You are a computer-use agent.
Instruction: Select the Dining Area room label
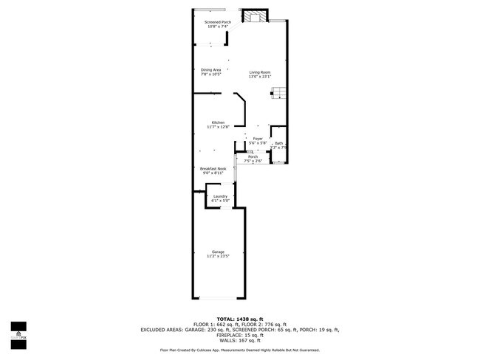pyautogui.click(x=211, y=70)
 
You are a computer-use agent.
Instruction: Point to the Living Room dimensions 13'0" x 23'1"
pyautogui.click(x=259, y=76)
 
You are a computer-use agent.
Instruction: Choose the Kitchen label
pyautogui.click(x=218, y=122)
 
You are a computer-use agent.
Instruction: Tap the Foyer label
pyautogui.click(x=258, y=139)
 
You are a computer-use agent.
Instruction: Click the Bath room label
pyautogui.click(x=278, y=143)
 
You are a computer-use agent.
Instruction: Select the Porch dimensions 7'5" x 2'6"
pyautogui.click(x=253, y=161)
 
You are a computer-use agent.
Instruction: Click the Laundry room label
pyautogui.click(x=220, y=196)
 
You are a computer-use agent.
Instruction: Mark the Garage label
pyautogui.click(x=218, y=252)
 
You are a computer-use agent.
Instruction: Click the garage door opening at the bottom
pyautogui.click(x=219, y=298)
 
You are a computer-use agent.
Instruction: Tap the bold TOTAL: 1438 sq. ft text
pyautogui.click(x=240, y=318)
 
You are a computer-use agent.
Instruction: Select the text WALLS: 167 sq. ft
pyautogui.click(x=240, y=340)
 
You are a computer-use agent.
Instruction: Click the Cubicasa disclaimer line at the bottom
pyautogui.click(x=240, y=350)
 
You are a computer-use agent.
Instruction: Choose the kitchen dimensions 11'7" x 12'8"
pyautogui.click(x=218, y=127)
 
